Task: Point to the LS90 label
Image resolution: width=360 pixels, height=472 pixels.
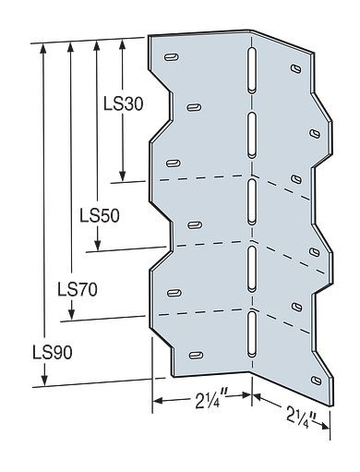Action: coord(48,352)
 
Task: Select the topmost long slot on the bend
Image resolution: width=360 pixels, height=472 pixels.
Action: coord(249,73)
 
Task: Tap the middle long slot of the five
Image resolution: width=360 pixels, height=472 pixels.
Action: coord(249,201)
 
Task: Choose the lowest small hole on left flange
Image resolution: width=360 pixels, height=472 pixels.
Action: coord(196,354)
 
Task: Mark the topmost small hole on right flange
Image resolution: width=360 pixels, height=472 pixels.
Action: coord(293,70)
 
